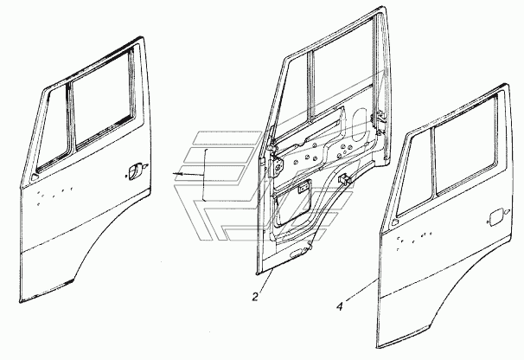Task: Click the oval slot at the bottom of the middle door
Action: click(298, 254)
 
